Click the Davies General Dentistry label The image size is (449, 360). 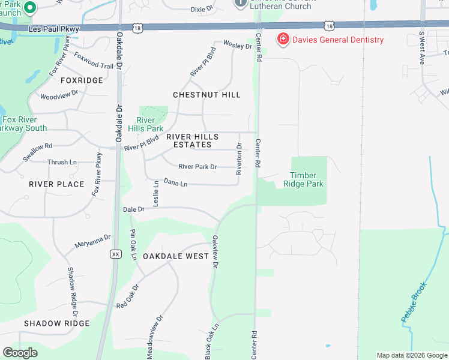click(x=338, y=40)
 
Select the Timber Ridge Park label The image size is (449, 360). click(x=303, y=179)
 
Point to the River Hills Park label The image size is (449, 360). click(x=145, y=124)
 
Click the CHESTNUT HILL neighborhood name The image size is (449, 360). click(x=206, y=95)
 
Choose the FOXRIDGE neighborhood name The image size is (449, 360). click(x=82, y=80)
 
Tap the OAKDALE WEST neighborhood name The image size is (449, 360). click(x=176, y=256)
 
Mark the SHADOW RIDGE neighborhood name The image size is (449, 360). click(x=57, y=323)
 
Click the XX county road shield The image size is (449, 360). click(x=116, y=254)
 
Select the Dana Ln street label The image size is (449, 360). click(x=176, y=182)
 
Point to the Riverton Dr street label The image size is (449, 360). click(x=239, y=159)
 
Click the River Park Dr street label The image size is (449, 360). click(x=197, y=167)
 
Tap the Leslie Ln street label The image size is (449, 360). click(x=155, y=194)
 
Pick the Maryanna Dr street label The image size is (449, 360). click(x=92, y=242)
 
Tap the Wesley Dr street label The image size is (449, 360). click(x=237, y=45)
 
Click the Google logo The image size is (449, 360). click(x=20, y=353)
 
